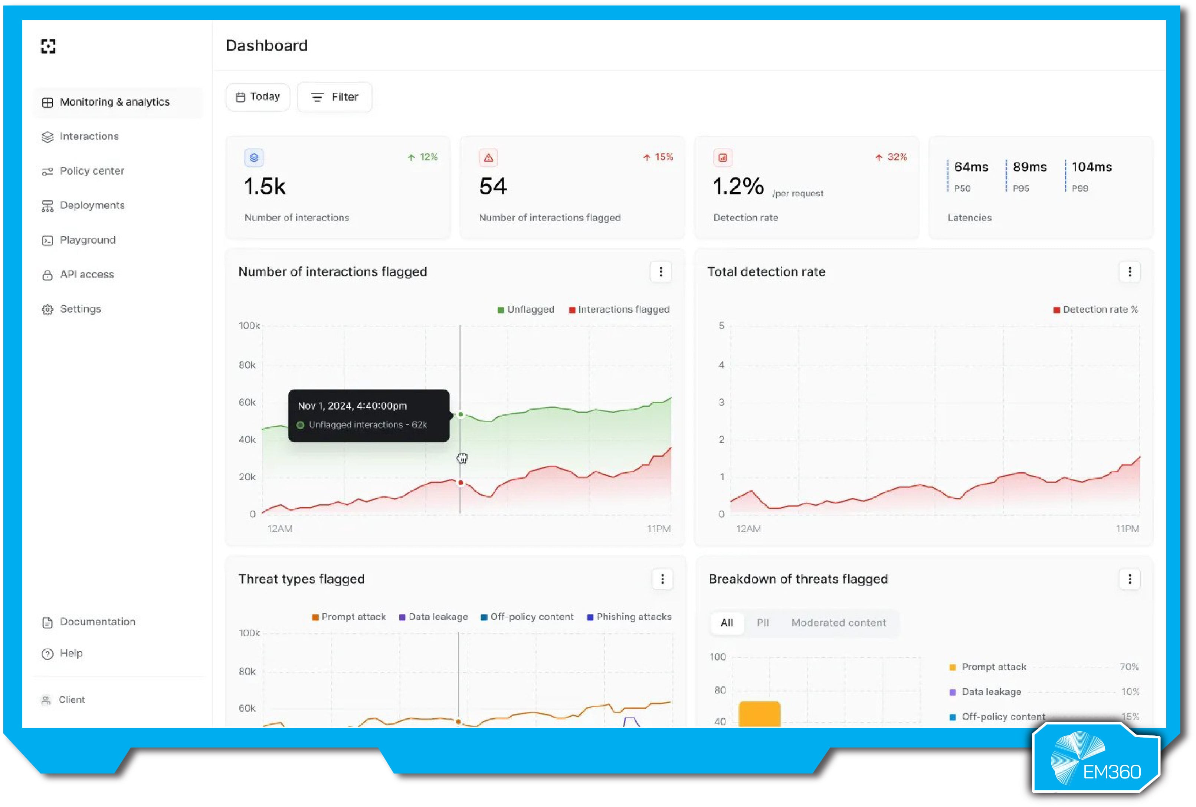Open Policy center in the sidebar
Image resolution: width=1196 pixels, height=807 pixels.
(92, 171)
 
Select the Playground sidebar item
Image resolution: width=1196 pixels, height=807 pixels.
(88, 240)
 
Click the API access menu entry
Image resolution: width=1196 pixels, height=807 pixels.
(86, 274)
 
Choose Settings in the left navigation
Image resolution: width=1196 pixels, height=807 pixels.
(80, 309)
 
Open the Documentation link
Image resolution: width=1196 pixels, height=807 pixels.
(97, 622)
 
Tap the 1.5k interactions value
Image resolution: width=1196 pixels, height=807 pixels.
(265, 186)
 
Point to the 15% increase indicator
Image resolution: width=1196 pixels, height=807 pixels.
(658, 157)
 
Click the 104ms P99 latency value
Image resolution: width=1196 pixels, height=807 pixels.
(1091, 167)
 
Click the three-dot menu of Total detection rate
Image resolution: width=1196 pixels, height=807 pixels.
(1129, 272)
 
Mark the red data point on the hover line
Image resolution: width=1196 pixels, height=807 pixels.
(461, 483)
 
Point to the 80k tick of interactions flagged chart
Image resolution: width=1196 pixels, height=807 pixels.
(247, 365)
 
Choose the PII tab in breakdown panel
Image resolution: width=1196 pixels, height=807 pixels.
(762, 623)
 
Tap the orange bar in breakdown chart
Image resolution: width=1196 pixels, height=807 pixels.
(759, 714)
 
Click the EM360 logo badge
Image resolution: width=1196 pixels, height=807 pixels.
(1096, 759)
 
